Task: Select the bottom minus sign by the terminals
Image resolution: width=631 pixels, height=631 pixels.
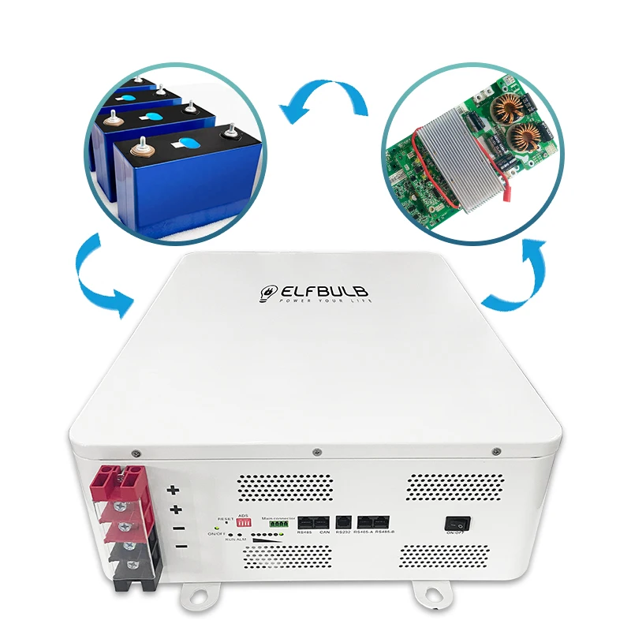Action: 180,547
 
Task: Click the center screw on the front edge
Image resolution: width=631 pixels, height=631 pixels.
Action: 316,453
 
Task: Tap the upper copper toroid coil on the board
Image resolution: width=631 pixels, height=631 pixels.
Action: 502,111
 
